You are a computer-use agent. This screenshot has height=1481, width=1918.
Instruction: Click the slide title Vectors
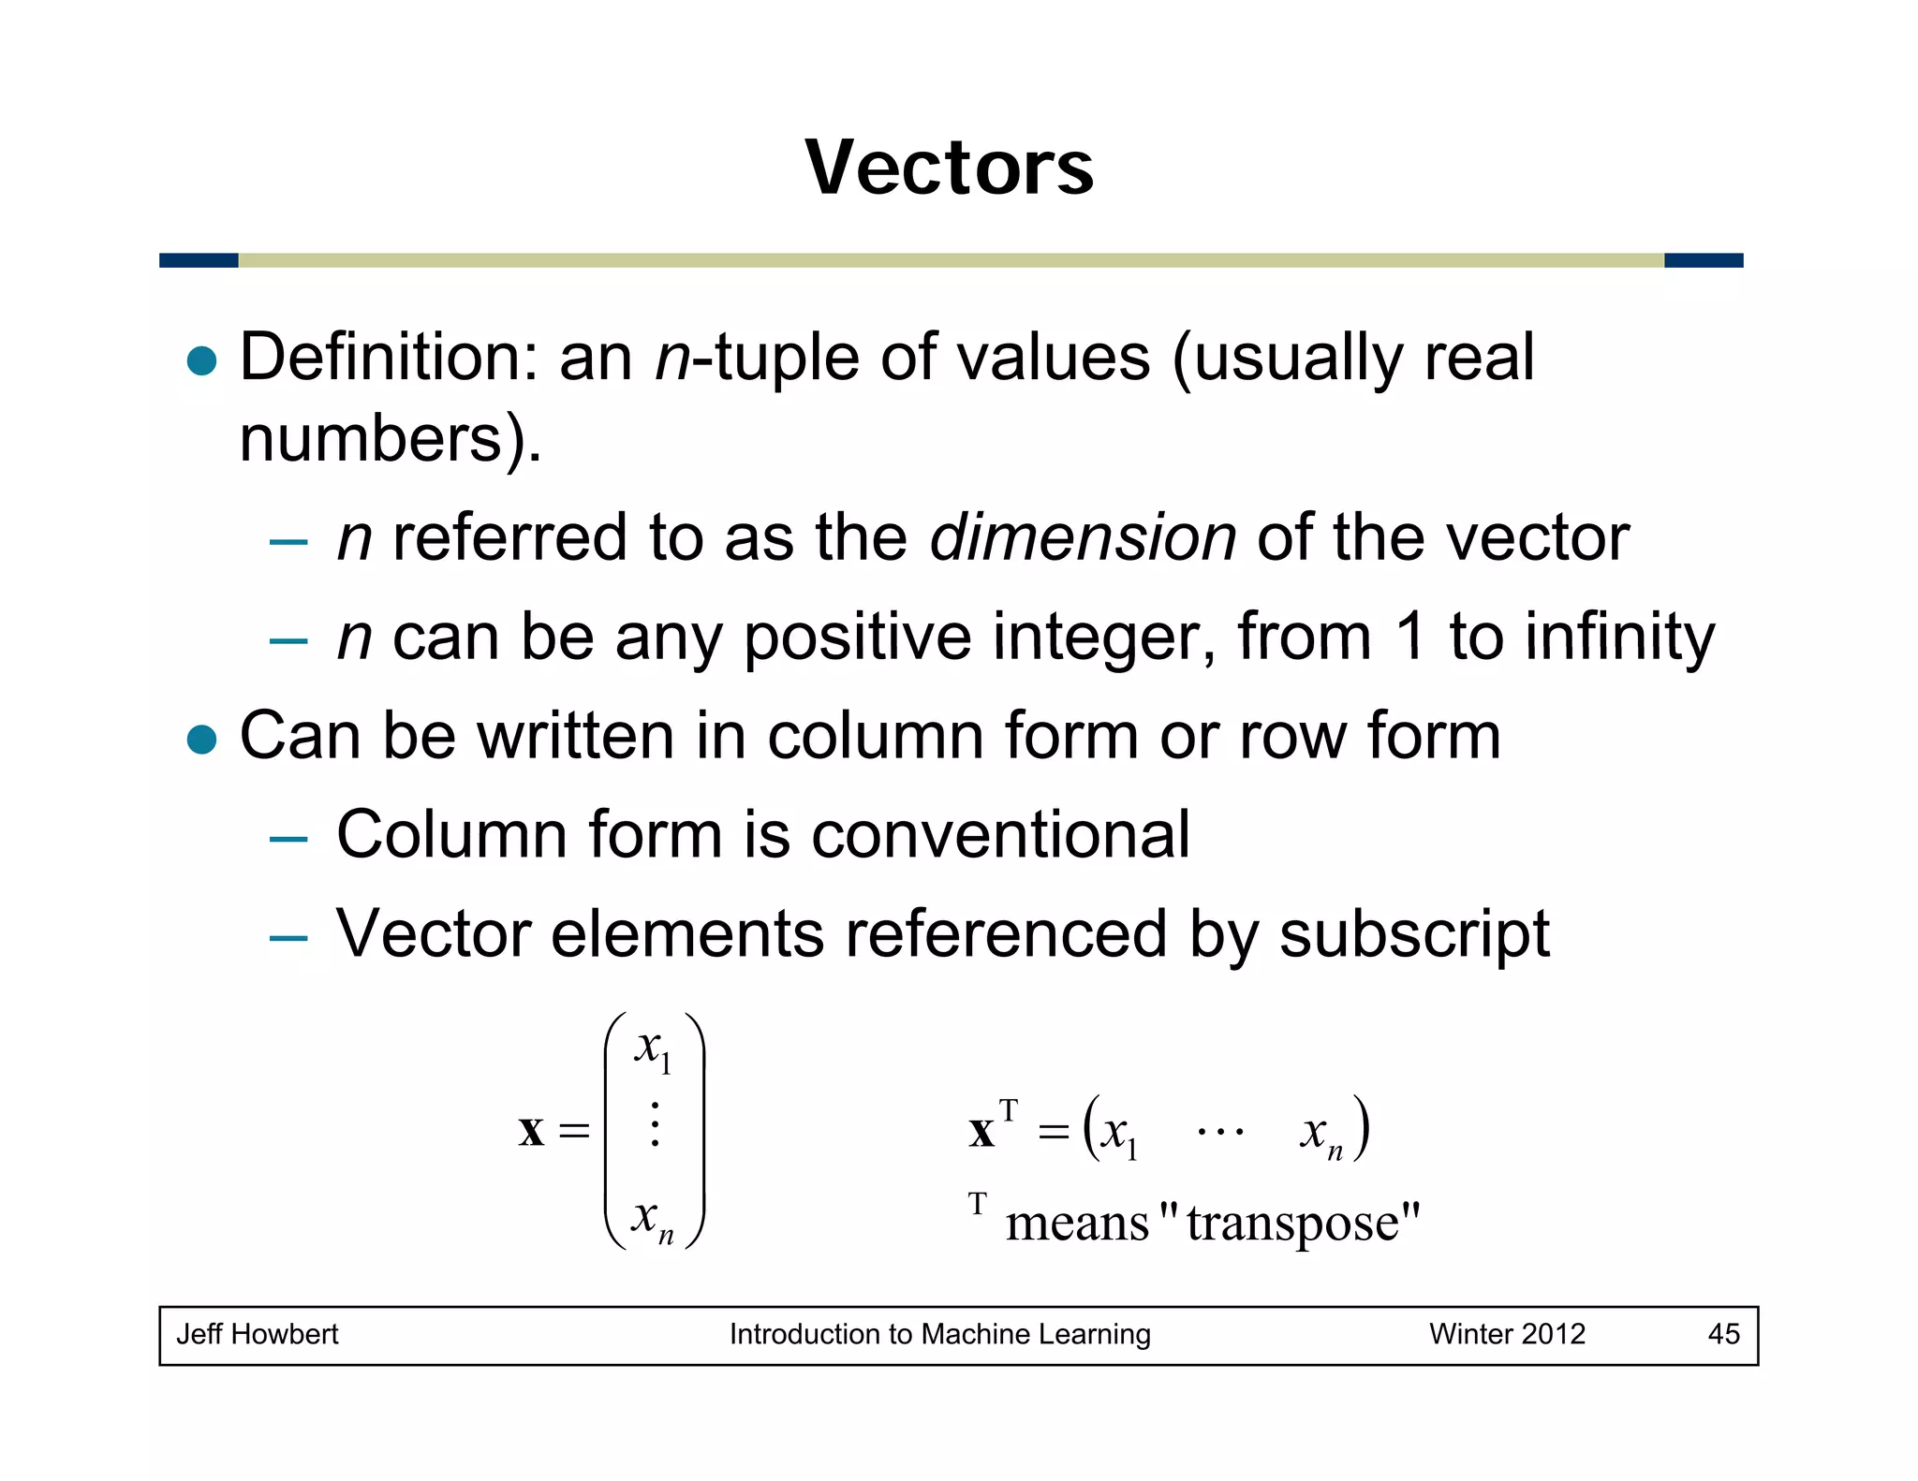949,168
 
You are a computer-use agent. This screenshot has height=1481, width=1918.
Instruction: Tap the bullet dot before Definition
202,360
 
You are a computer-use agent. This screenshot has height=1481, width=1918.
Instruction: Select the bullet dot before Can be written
202,739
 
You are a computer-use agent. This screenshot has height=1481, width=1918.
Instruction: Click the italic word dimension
1083,537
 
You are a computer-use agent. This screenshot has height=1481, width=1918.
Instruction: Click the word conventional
1000,834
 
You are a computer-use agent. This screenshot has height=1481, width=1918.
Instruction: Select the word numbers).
391,438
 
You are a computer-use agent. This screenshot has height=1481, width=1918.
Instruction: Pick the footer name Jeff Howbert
258,1334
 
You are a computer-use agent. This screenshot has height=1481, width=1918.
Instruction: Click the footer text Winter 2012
1507,1334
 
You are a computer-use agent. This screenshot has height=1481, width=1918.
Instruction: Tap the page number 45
1723,1334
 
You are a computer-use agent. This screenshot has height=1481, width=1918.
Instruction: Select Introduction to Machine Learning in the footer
939,1334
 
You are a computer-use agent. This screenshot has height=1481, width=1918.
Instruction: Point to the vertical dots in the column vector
655,1124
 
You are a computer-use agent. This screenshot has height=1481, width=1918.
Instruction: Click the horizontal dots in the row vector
1220,1132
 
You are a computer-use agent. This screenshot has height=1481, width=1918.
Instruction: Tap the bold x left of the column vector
531,1131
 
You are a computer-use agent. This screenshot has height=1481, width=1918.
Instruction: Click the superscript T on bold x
1008,1110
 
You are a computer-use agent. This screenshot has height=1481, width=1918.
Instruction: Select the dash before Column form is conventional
288,839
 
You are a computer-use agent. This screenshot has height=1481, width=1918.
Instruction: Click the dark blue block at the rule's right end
1703,260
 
